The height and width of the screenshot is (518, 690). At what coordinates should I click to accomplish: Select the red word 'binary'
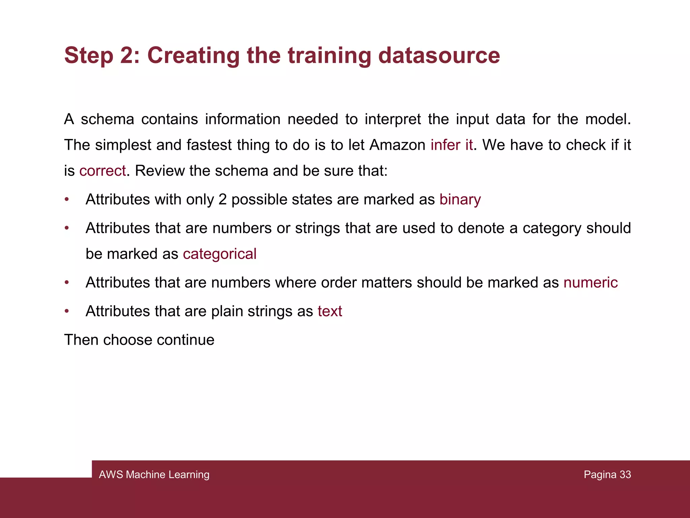click(460, 199)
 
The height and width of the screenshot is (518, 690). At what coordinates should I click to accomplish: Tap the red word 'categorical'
click(220, 254)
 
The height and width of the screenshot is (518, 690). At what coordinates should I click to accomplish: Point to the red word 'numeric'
click(590, 283)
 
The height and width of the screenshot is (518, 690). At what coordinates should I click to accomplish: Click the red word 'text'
click(330, 311)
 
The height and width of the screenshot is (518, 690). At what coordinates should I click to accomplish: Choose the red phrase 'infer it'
click(451, 145)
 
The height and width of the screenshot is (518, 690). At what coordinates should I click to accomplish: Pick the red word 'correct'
click(102, 171)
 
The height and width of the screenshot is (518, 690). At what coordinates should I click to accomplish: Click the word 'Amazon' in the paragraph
click(398, 145)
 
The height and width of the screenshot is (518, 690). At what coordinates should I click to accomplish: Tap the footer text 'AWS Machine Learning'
click(154, 474)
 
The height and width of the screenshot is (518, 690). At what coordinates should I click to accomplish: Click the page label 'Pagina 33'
click(607, 474)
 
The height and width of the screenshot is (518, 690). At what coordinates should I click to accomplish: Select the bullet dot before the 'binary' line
click(67, 199)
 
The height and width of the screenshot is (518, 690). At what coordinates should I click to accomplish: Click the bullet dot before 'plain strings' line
click(67, 311)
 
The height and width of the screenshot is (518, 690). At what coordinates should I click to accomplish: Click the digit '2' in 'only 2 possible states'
click(222, 199)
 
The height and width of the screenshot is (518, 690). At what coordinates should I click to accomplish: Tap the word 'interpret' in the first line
click(393, 119)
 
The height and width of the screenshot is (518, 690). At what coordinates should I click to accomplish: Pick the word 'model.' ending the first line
click(608, 119)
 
